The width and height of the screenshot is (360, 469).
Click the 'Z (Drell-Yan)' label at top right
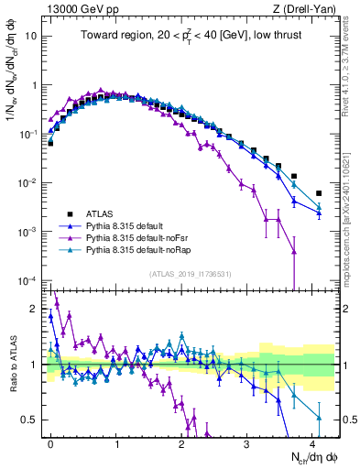[302, 9]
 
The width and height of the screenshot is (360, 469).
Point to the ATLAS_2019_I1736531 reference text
[190, 274]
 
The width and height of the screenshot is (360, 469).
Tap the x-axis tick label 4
[312, 442]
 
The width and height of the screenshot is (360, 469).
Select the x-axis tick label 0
[50, 442]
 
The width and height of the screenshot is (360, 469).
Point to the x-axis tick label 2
[181, 442]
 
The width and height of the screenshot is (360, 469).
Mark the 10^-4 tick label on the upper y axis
[28, 280]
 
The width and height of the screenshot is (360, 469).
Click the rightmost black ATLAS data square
[319, 193]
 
